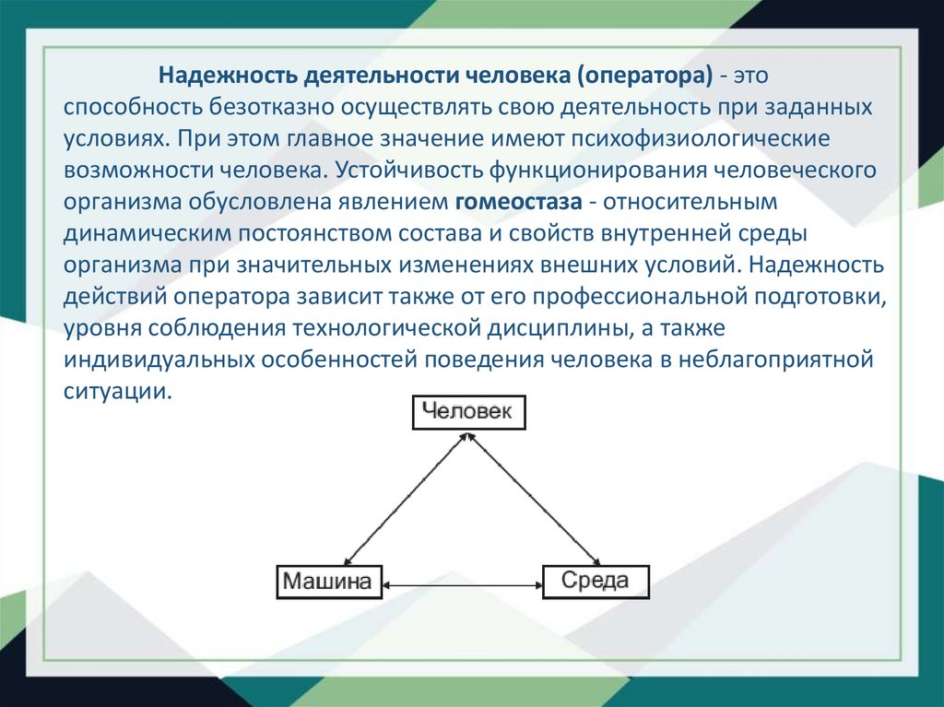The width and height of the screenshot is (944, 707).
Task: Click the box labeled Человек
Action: [x=467, y=412]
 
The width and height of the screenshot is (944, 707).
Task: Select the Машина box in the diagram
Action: [x=327, y=582]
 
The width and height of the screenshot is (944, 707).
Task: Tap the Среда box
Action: [x=596, y=582]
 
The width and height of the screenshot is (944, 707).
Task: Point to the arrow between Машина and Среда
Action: [x=461, y=583]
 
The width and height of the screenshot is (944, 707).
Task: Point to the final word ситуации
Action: [x=118, y=392]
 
